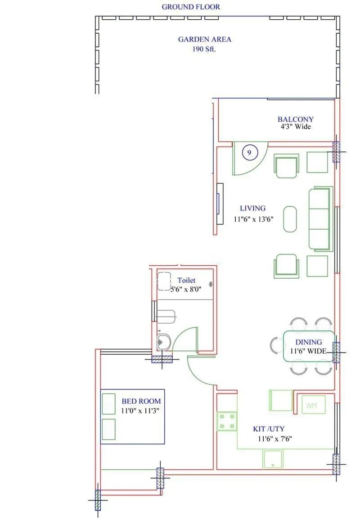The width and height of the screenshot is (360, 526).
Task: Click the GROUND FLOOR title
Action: [x=191, y=7]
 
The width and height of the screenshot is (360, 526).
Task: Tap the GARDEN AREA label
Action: [x=204, y=40]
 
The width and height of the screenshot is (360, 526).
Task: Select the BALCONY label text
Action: [x=295, y=120]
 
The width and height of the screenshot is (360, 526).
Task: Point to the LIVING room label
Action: [x=252, y=208]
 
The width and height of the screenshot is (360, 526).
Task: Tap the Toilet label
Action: [x=186, y=281]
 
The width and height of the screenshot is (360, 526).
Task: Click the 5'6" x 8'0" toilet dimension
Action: [x=185, y=290]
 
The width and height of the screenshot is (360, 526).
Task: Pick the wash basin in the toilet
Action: [x=163, y=343]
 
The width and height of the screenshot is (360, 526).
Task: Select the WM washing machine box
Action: [x=311, y=406]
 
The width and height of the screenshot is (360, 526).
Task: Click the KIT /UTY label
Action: [x=268, y=429]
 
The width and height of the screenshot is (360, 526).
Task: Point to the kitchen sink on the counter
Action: [x=273, y=459]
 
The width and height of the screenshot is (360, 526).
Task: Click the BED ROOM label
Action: [x=141, y=401]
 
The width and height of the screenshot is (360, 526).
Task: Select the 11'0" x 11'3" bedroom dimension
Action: [x=140, y=410]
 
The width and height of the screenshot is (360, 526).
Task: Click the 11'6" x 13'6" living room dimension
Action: [x=254, y=219]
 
